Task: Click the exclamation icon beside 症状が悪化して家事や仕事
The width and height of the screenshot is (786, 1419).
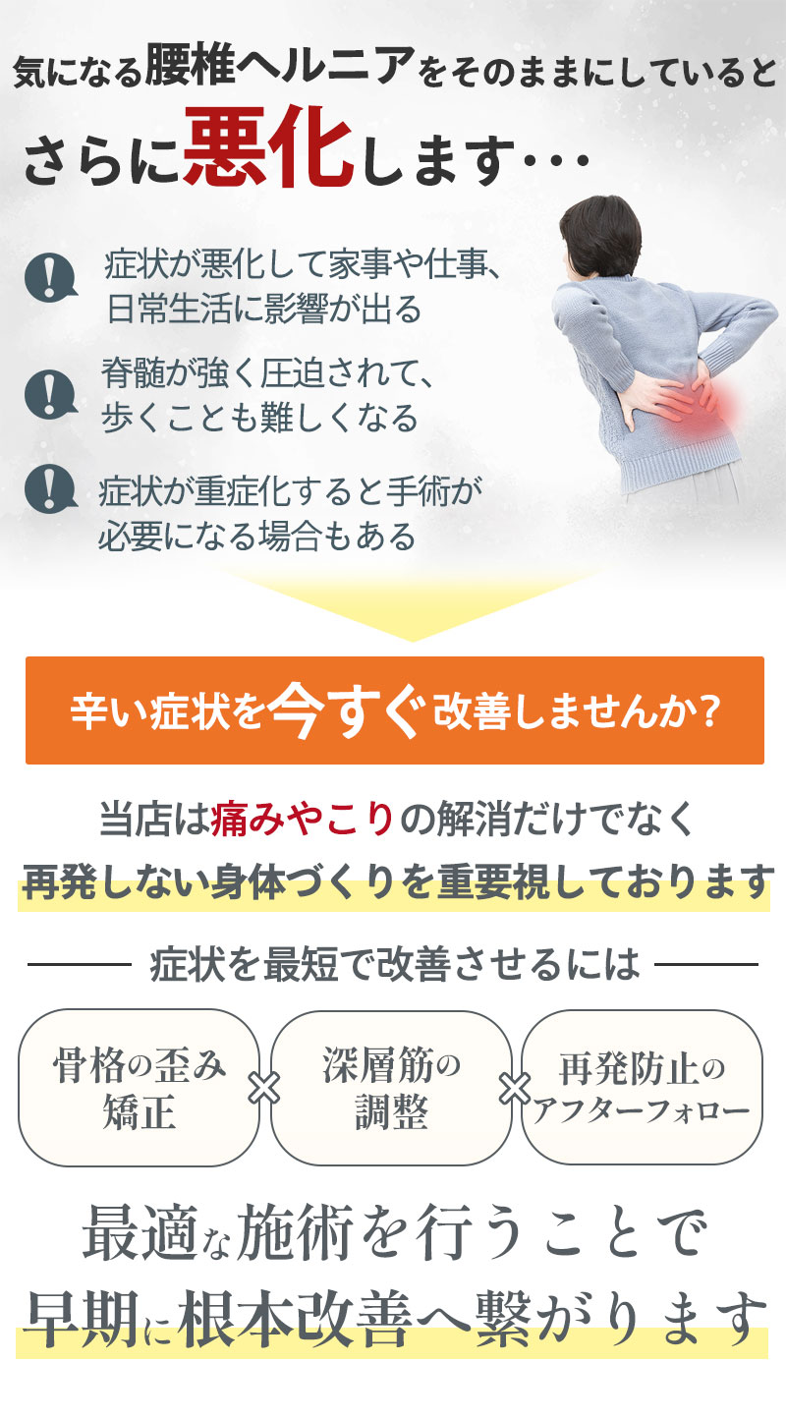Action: (51, 277)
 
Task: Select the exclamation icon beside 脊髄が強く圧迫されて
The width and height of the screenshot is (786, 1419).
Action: (51, 392)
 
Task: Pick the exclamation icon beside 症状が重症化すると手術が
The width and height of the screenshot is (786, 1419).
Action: (51, 487)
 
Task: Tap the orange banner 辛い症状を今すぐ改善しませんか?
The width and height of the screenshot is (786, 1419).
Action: (394, 710)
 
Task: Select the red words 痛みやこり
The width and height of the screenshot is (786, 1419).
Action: (303, 818)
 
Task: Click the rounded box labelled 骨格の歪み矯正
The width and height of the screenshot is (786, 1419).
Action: (140, 1088)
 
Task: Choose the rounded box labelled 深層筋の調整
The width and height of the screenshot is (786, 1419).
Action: (391, 1088)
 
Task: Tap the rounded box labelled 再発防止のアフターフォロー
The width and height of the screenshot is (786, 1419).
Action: (642, 1088)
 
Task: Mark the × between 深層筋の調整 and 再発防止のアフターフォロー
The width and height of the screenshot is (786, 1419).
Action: (516, 1089)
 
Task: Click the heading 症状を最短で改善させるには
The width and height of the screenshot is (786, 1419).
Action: (394, 965)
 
